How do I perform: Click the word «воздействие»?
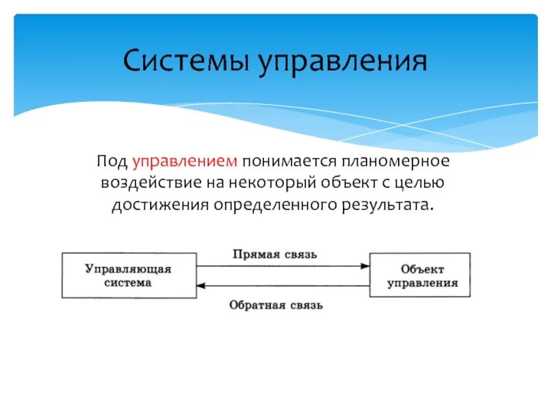click(x=147, y=184)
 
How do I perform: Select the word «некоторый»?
click(x=262, y=184)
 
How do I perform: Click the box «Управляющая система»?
click(x=128, y=275)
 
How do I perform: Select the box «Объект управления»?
click(x=420, y=275)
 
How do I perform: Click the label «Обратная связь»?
click(x=275, y=304)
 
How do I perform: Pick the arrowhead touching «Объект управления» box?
click(x=365, y=266)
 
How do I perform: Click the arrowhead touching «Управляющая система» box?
click(x=200, y=286)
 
